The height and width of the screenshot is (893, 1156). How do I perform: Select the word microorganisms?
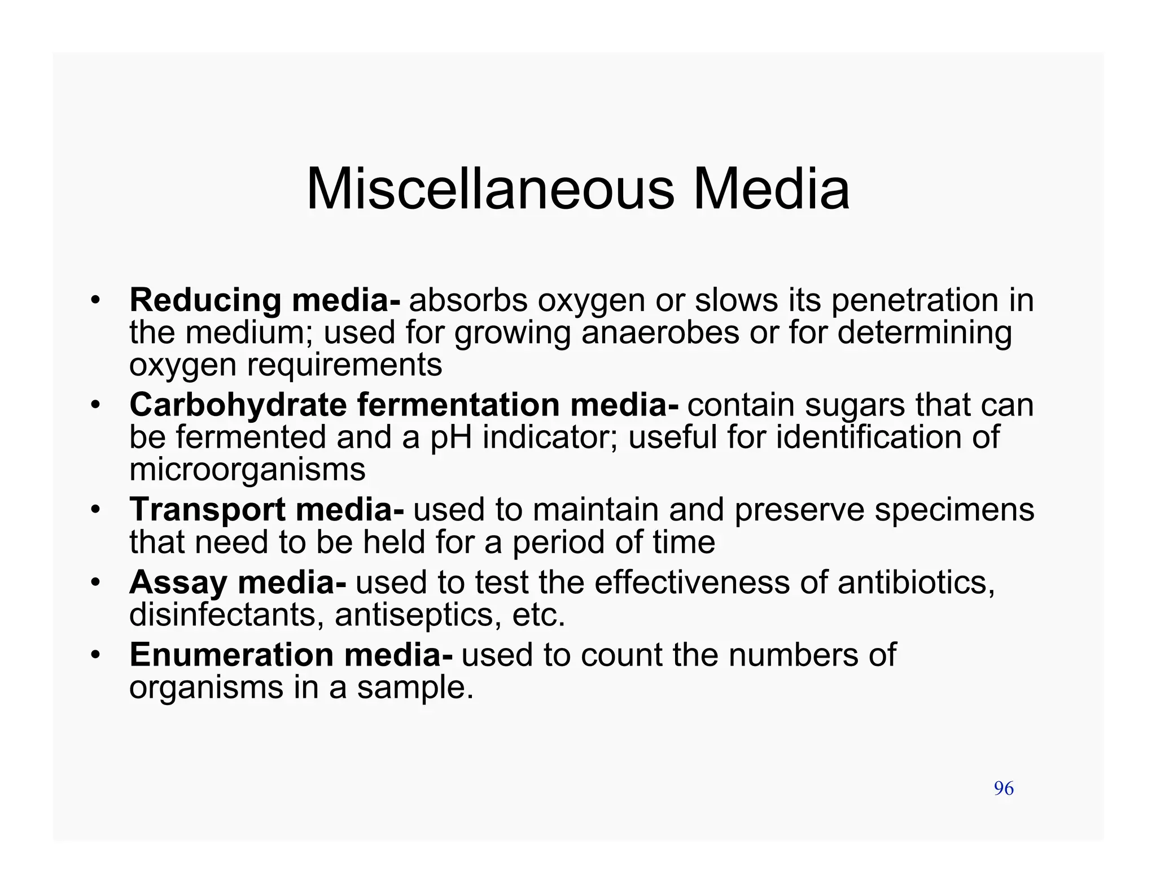pyautogui.click(x=247, y=470)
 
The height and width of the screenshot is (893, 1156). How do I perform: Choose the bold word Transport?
pyautogui.click(x=207, y=510)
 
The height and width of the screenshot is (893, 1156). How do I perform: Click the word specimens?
pyautogui.click(x=954, y=510)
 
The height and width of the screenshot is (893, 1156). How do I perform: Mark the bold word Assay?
pyautogui.click(x=178, y=583)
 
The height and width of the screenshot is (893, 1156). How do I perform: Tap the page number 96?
pyautogui.click(x=1004, y=789)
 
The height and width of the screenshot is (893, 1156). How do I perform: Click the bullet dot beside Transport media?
pyautogui.click(x=96, y=510)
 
